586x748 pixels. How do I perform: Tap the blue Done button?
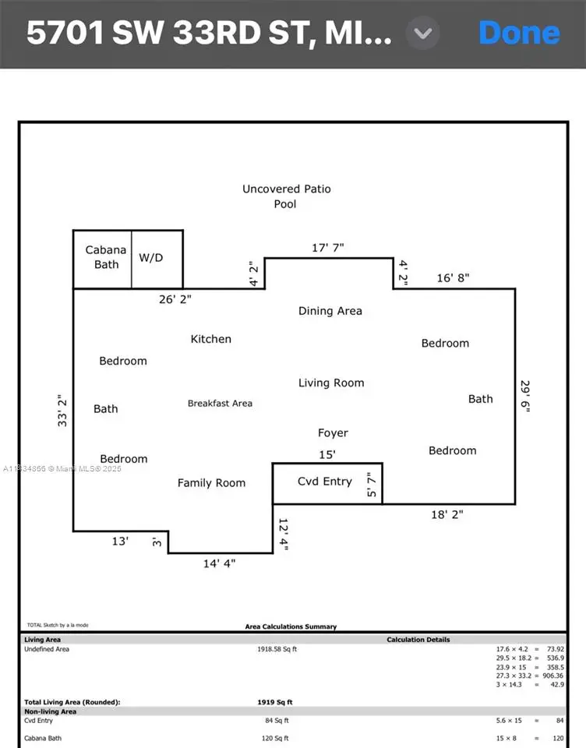(x=519, y=34)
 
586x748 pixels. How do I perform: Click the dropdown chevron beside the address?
(x=423, y=34)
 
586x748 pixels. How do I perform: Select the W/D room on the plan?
(x=151, y=257)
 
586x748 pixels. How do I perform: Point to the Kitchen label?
(x=210, y=339)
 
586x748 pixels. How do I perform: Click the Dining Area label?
(x=330, y=311)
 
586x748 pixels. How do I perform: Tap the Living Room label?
(x=331, y=383)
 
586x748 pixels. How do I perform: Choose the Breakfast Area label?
(x=220, y=404)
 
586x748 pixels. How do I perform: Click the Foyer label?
(x=333, y=432)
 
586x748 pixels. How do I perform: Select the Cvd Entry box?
(x=326, y=482)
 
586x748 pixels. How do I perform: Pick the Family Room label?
(x=211, y=483)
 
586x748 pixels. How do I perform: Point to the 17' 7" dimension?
(x=327, y=248)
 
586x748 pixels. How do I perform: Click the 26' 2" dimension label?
(x=175, y=298)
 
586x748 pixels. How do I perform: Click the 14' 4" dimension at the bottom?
(x=219, y=563)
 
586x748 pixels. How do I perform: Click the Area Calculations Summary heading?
(x=291, y=626)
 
